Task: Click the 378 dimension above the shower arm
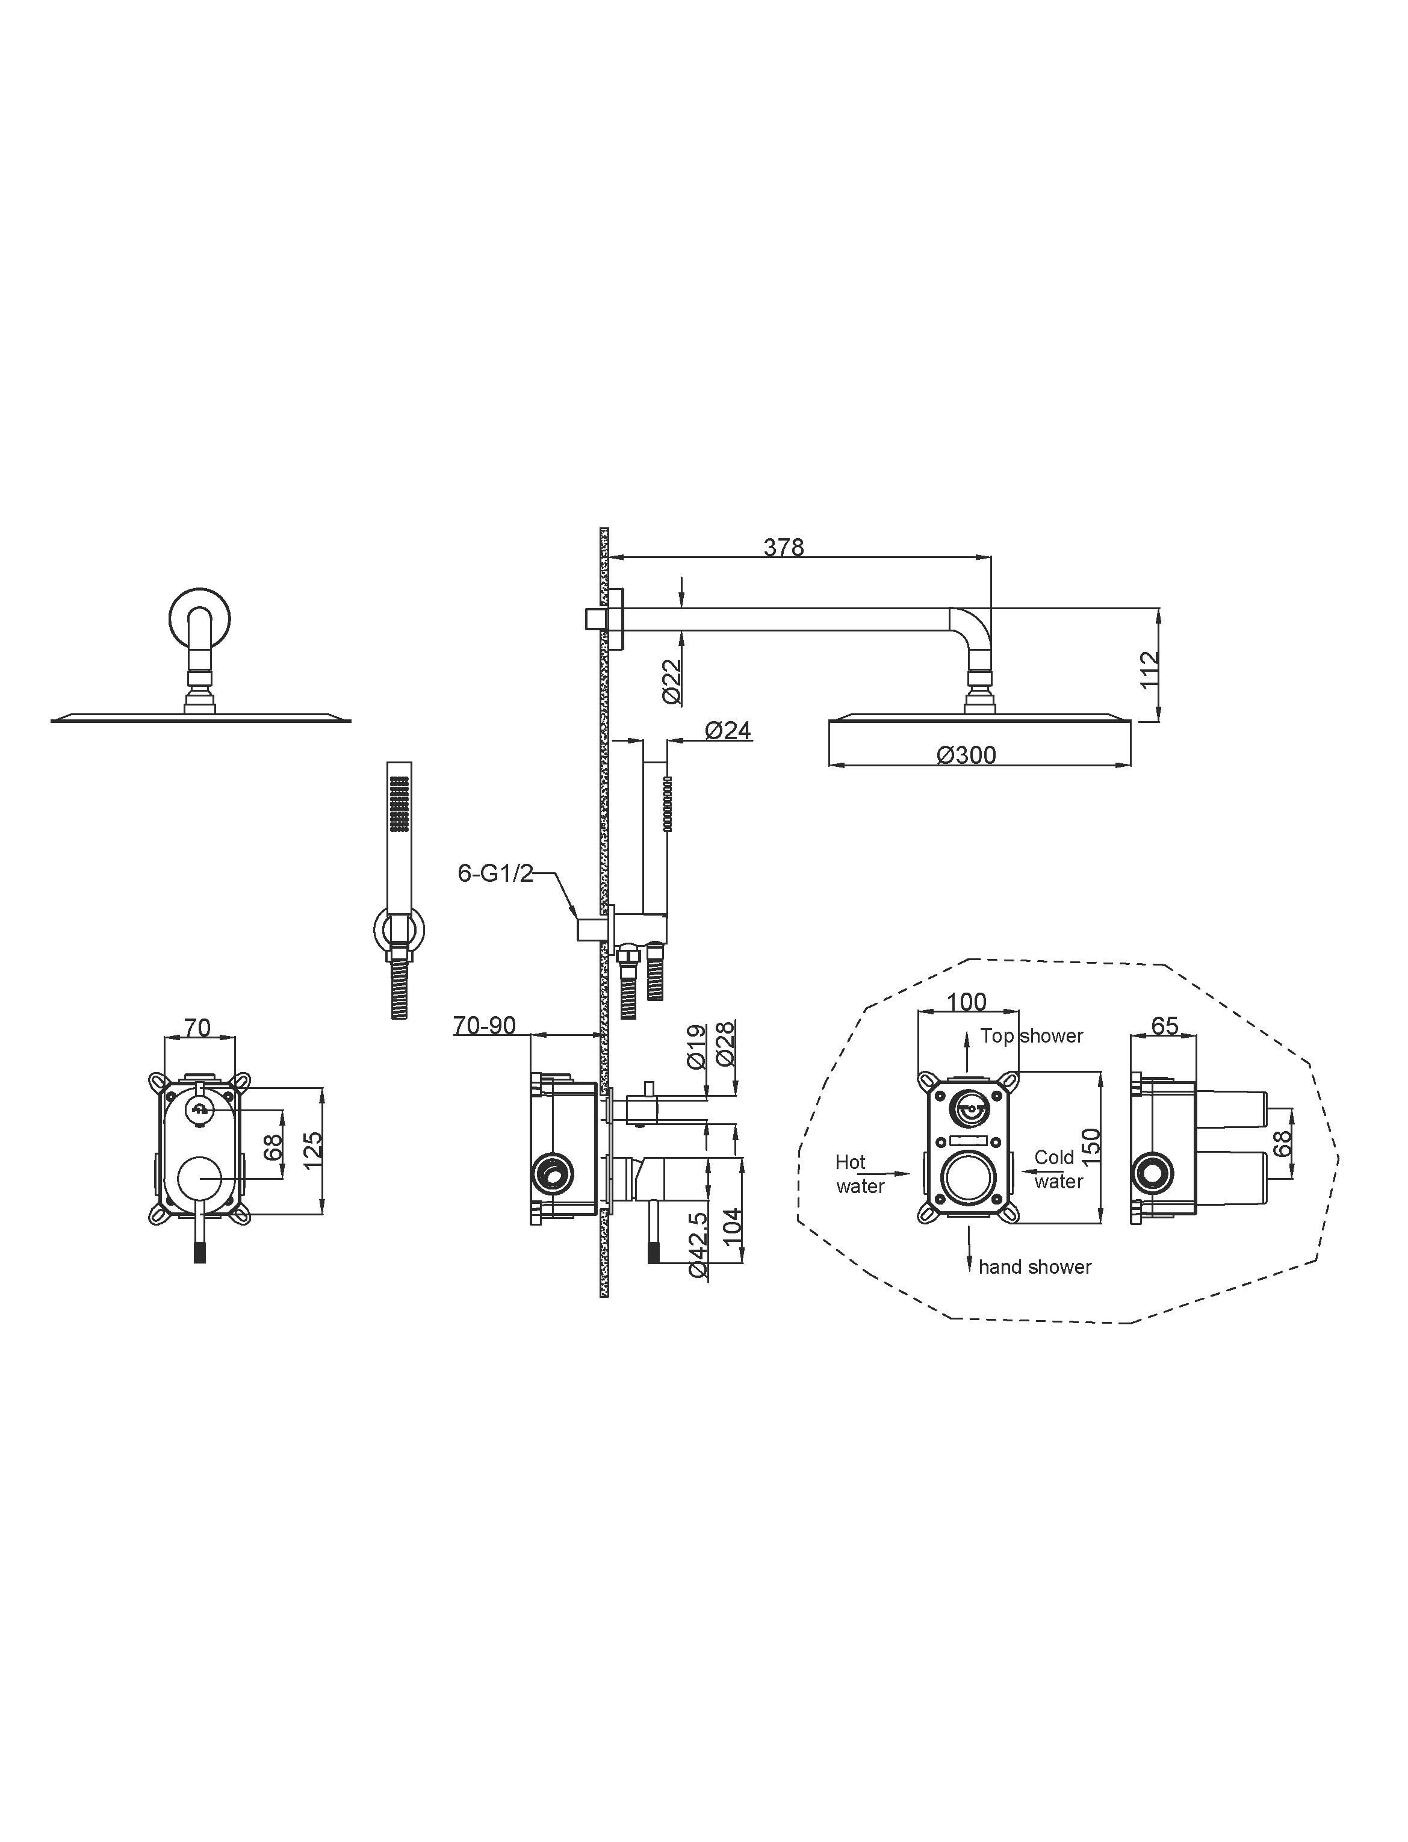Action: coord(784,547)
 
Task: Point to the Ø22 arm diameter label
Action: coord(671,681)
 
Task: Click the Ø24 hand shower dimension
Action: coord(728,731)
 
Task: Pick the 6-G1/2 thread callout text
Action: coord(495,873)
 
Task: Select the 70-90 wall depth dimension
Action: coord(485,1025)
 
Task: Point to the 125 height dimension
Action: coord(312,1152)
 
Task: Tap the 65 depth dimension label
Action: coord(1165,1026)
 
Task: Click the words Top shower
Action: coord(1032,1036)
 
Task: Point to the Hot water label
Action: coord(860,1174)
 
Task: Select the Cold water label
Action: coord(1058,1169)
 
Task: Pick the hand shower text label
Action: coord(1035,1267)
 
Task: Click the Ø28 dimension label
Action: coord(726,1043)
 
